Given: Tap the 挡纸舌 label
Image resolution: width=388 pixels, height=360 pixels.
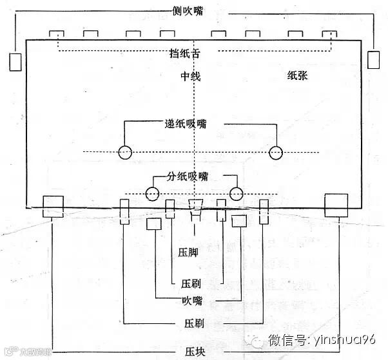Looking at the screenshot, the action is (191, 53).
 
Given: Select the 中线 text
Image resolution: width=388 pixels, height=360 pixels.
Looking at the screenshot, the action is (191, 77).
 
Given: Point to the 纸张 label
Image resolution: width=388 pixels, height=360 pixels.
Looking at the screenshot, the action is (301, 75).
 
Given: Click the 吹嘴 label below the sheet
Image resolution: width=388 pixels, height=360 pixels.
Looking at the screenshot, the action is (193, 300).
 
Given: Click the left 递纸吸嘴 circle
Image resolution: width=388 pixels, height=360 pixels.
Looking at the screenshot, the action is (125, 153).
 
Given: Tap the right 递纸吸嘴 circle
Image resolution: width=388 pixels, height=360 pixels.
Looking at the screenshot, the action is (276, 153).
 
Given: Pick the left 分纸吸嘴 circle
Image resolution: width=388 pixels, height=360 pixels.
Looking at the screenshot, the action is (152, 193).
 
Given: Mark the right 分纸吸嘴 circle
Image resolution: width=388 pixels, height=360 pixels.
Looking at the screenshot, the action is (237, 193).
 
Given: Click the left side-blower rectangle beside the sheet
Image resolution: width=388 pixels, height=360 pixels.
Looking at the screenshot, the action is (15, 61).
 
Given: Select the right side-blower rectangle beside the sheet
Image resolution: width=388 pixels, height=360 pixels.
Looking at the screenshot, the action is (373, 59).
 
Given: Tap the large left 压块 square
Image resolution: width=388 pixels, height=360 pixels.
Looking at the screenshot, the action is (53, 207).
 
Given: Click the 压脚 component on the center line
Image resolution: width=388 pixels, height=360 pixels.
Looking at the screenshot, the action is (195, 207).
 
